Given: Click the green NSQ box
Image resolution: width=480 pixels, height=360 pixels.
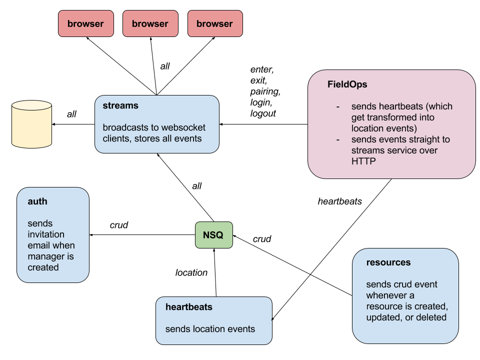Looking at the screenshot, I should (x=213, y=235).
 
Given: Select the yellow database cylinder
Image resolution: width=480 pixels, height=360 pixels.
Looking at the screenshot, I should (x=31, y=124).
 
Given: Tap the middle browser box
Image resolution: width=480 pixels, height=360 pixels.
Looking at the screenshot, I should (x=150, y=24).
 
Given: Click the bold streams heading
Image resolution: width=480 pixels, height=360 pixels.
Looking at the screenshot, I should (x=120, y=105).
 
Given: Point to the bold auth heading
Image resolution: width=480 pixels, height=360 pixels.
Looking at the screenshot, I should (x=37, y=201).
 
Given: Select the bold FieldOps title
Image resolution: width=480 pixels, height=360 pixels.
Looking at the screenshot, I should (x=347, y=84).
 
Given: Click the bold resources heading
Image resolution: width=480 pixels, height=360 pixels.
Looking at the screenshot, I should (x=388, y=262).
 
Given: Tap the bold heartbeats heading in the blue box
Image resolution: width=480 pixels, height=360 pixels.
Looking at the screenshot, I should (x=189, y=307).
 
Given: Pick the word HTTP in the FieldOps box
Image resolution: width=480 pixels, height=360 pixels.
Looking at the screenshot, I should (x=363, y=161).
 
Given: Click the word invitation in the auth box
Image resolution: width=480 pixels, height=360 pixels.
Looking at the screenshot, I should (x=46, y=234).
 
